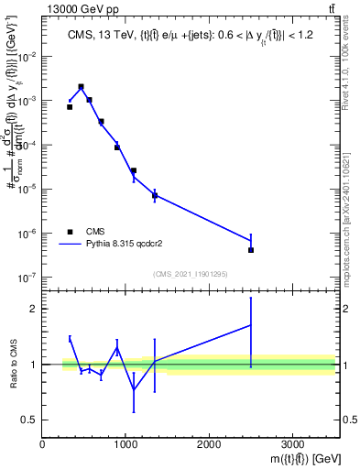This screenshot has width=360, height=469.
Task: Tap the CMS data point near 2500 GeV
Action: pyautogui.click(x=251, y=249)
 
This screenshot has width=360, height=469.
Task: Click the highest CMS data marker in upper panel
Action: pyautogui.click(x=82, y=87)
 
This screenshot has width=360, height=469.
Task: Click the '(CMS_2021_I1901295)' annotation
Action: pyautogui.click(x=190, y=274)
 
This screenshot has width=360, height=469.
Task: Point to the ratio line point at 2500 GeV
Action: pyautogui.click(x=251, y=325)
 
